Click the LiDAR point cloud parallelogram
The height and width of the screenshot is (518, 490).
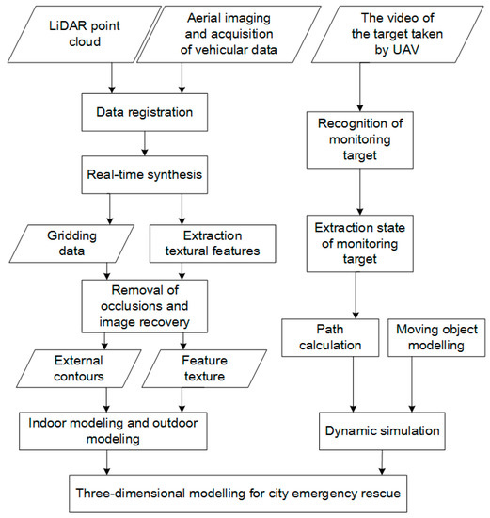(85, 34)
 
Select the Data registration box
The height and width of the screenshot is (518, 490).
(145, 112)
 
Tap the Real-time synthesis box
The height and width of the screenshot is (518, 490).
(145, 175)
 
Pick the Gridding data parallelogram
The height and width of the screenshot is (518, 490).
(71, 244)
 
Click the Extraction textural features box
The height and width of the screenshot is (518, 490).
(213, 244)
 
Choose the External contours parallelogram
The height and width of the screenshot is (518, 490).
(79, 368)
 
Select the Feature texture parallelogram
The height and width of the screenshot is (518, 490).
(204, 368)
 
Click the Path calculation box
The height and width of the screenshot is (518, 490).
(330, 337)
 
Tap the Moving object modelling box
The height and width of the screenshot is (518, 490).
(436, 337)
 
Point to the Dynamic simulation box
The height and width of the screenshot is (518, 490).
(382, 430)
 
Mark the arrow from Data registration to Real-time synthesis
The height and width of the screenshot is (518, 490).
(145, 143)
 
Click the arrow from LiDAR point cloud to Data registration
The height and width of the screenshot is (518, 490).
(112, 78)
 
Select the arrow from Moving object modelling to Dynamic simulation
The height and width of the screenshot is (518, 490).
(412, 384)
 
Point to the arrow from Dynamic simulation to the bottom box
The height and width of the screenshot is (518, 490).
(382, 462)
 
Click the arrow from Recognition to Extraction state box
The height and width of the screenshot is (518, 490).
(360, 192)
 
